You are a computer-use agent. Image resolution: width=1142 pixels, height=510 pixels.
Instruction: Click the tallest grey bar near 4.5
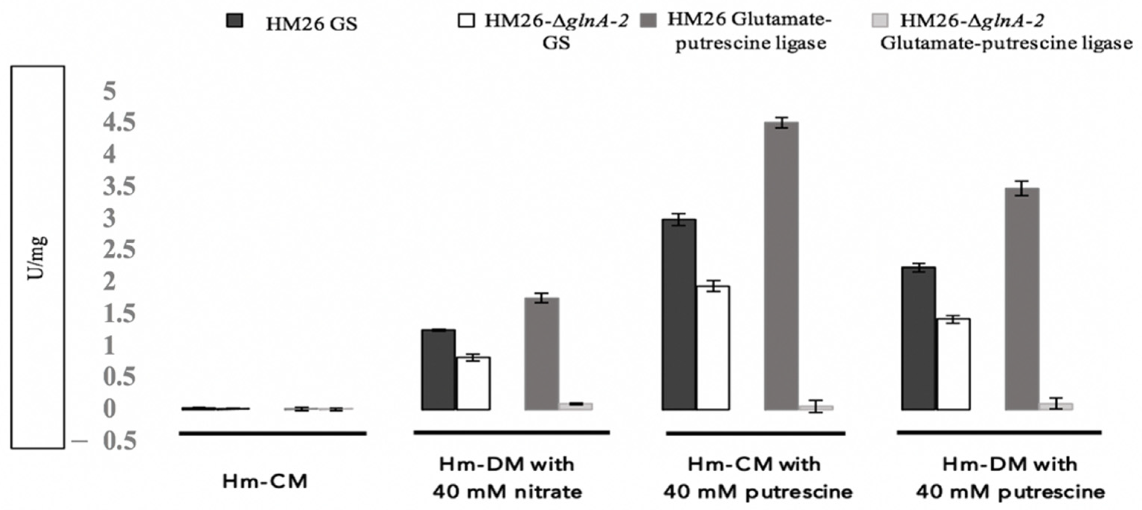tap(782, 266)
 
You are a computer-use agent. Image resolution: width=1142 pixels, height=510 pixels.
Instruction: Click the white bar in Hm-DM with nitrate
tap(474, 384)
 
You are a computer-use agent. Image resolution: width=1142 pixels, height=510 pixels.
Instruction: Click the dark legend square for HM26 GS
tap(234, 21)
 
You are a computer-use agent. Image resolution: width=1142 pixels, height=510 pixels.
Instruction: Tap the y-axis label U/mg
tap(37, 257)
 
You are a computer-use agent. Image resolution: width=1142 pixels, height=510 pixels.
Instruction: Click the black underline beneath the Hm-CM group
tap(273, 433)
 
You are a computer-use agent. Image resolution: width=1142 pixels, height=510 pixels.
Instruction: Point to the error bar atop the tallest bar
tap(782, 123)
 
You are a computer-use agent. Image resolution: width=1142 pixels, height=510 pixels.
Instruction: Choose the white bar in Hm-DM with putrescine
tap(953, 364)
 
